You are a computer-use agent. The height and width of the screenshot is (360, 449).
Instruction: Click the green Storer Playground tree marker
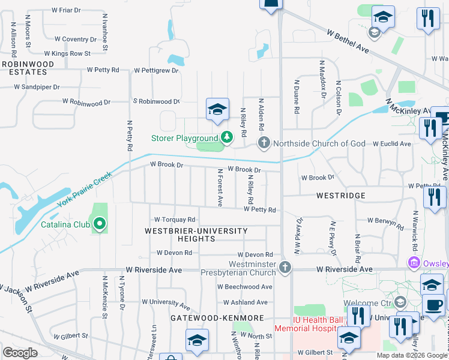pos(227,138)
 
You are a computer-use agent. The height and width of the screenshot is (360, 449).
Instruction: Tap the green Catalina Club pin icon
pos(100,225)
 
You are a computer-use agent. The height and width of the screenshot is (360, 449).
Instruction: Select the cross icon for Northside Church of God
pos(264,143)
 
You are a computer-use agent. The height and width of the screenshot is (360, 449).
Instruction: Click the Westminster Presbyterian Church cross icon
pos(286,268)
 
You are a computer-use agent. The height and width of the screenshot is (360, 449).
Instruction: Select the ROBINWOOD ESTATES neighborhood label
pos(24,67)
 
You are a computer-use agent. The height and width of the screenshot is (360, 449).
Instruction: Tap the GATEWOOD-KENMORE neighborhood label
pos(217,317)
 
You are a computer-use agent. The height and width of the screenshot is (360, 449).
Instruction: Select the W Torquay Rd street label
pos(175,220)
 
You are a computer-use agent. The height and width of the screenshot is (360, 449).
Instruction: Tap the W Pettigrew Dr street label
pos(156,70)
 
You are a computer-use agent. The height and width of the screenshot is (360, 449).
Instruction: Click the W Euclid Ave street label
pos(391,144)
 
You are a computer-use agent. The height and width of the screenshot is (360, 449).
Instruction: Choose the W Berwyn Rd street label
pos(387,222)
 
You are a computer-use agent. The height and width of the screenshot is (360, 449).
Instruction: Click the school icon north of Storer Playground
pos(217,109)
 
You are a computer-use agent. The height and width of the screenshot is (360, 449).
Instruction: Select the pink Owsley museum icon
pos(413,263)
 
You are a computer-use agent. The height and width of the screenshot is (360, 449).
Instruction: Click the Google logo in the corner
pos(20,352)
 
